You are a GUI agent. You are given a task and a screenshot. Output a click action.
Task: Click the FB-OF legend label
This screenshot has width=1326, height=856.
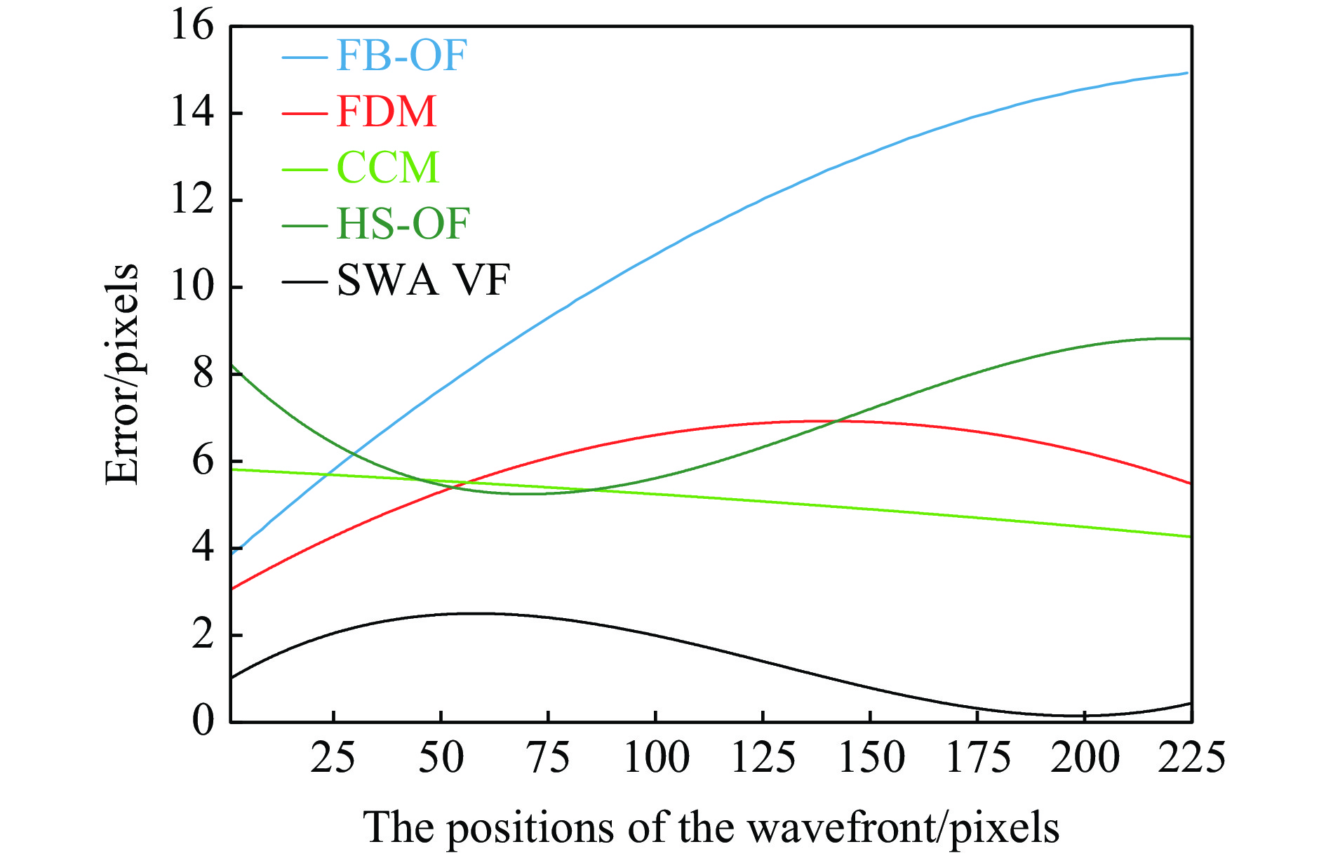pos(401,55)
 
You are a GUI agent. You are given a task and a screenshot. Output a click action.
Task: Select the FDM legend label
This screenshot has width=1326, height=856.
pos(387,112)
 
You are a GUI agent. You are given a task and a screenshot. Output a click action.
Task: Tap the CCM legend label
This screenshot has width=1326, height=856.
pos(388,168)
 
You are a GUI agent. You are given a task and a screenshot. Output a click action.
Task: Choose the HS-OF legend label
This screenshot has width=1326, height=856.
pos(403,224)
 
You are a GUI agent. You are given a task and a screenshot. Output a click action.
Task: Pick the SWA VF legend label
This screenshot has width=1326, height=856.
pos(423,281)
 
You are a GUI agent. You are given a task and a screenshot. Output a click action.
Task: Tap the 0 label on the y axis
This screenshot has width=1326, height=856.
pos(203,721)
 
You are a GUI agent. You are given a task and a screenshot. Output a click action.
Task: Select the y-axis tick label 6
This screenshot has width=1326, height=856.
pos(203,461)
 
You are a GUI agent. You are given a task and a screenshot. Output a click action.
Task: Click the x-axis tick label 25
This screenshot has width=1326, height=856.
pos(333,758)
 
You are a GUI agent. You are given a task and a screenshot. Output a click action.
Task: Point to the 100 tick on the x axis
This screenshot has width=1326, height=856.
pos(656,758)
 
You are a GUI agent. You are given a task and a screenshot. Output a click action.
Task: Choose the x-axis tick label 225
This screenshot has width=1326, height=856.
pos(1191,758)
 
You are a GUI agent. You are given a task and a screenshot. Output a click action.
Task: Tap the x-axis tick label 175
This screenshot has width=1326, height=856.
pos(978,758)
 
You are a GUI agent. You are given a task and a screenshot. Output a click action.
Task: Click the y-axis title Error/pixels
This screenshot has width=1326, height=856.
pos(122,374)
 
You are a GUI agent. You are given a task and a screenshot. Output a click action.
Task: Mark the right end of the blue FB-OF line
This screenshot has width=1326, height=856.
pos(1188,72)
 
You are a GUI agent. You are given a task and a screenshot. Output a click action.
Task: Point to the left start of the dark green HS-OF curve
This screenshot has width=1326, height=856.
pos(232,365)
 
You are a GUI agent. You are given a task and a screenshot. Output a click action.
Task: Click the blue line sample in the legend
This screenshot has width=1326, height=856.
pos(304,56)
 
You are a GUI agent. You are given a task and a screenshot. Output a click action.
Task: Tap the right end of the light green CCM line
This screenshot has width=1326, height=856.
pos(1190,537)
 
